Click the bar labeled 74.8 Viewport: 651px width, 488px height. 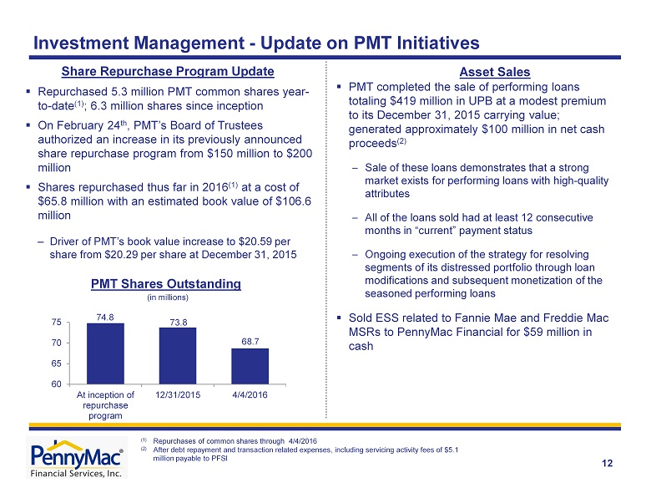[x=105, y=353]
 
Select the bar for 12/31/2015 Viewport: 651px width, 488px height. [x=178, y=356]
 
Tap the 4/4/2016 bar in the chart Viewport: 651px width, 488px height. [x=250, y=366]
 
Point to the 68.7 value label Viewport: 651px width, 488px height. [x=250, y=342]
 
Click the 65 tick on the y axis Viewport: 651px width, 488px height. [x=57, y=363]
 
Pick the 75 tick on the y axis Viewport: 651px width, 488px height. [x=57, y=323]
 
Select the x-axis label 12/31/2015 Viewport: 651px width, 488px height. [x=178, y=395]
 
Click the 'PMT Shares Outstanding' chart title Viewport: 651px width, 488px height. [x=166, y=284]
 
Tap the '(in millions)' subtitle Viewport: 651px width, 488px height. [x=168, y=297]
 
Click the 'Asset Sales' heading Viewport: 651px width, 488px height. [x=495, y=72]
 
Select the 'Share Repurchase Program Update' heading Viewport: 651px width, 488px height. [x=168, y=72]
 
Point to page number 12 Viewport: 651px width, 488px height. [x=607, y=464]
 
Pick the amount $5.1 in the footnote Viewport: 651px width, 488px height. [x=452, y=450]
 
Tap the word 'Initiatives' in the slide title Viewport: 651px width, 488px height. [x=438, y=43]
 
